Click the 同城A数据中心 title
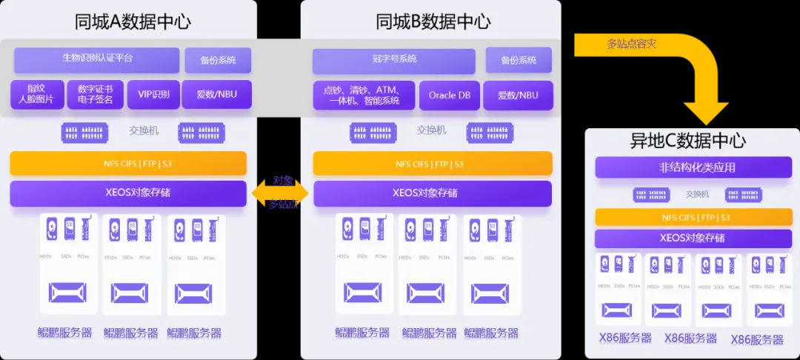coord(133,21)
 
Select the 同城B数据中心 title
coord(433,21)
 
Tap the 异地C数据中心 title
coord(687,140)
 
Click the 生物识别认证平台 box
coord(97,59)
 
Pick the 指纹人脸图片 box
coord(37,94)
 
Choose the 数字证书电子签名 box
coord(95,94)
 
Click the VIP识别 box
coord(153,94)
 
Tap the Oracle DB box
coord(450,95)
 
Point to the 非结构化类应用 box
coord(687,167)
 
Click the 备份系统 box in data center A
coord(216,60)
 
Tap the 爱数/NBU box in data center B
coord(519,95)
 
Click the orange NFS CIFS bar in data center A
coord(128,163)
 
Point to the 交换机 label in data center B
coord(431,130)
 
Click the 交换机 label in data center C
coord(697,194)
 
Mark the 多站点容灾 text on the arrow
coord(632,44)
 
